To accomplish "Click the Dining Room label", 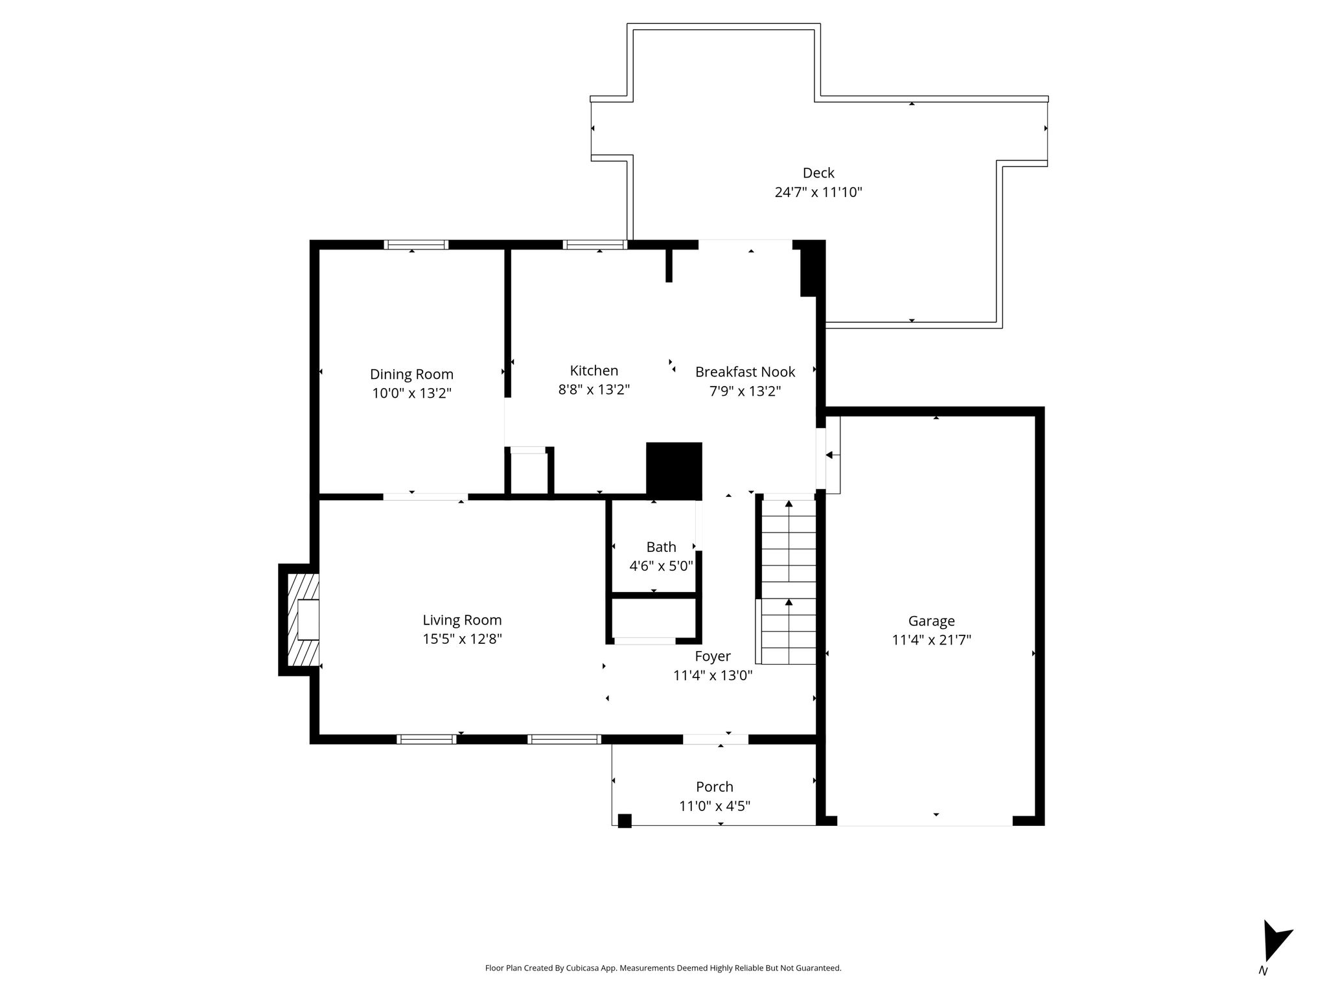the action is pos(411,374).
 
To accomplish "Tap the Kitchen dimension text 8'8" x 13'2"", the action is pos(594,389).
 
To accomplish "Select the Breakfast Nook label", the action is pos(745,372).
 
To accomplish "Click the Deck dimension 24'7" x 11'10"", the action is pos(818,192).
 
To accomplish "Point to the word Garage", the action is pos(931,621).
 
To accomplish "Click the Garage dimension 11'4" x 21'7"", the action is pos(931,640).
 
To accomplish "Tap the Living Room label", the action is pos(462,620).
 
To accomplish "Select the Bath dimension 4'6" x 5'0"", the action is pos(661,566).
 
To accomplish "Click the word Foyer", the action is pos(713,656).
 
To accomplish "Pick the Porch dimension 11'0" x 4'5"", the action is pos(715,806).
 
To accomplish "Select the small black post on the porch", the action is pos(625,821).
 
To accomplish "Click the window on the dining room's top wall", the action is pos(416,245).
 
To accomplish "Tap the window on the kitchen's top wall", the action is pos(595,245).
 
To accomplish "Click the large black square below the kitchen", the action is pos(675,471).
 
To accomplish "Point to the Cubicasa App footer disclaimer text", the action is pos(663,968).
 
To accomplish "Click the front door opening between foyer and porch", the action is pos(715,739).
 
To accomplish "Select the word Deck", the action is pos(818,173).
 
